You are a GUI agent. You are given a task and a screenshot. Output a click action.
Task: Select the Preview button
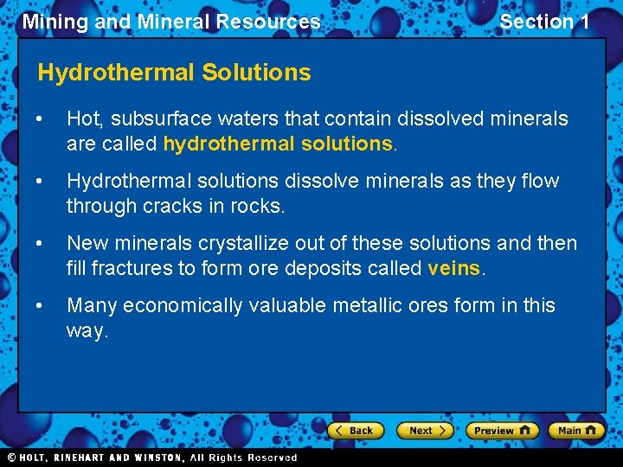point(502,430)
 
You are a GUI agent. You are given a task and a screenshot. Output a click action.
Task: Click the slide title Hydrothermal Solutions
point(174,73)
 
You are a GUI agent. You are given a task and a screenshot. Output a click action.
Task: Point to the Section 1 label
point(544,22)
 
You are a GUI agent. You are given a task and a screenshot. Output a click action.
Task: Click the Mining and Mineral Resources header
point(171,22)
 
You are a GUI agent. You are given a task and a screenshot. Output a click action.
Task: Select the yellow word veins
point(453,268)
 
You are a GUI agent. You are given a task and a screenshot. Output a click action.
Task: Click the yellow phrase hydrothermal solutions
point(278,144)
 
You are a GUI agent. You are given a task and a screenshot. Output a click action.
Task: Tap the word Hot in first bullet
point(83,118)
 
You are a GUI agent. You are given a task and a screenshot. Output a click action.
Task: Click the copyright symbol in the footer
point(11,457)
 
